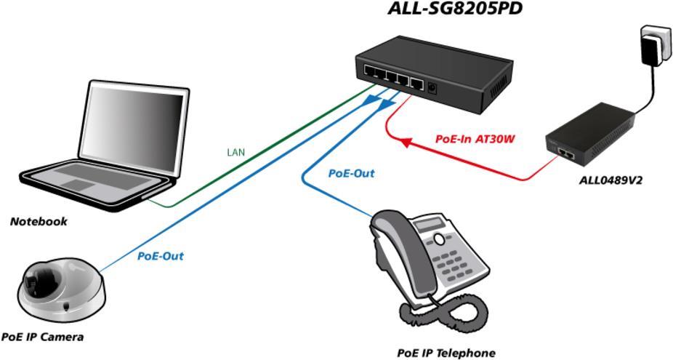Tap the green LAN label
click(236, 152)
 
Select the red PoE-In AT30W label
click(477, 137)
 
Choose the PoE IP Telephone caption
click(446, 353)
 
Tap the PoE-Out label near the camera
click(160, 256)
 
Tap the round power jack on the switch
click(434, 88)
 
